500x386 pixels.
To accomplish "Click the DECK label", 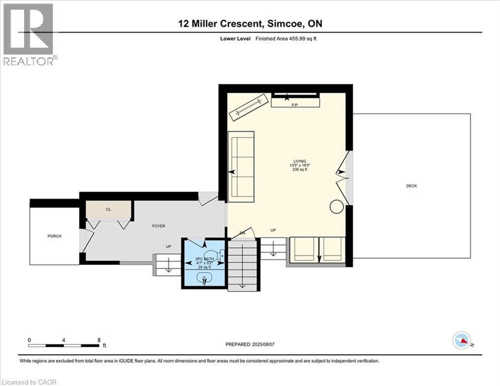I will [412, 186].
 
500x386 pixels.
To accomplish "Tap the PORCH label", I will [54, 236].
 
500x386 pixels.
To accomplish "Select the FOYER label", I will [158, 226].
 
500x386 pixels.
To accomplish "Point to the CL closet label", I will [108, 209].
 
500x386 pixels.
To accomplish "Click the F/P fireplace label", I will [295, 105].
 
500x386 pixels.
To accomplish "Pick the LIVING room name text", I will [299, 161].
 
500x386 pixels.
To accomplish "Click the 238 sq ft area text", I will [299, 170].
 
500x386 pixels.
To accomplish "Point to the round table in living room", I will [336, 207].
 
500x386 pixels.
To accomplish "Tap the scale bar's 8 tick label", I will [98, 340].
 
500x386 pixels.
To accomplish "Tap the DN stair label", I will [242, 233].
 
